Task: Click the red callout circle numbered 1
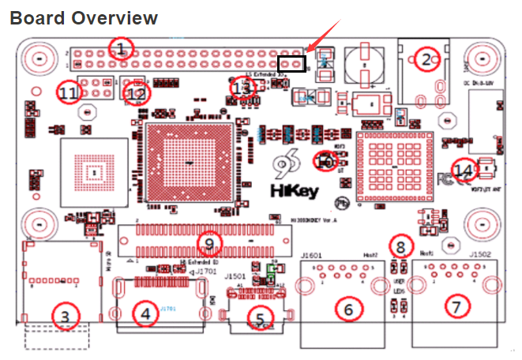click(x=120, y=49)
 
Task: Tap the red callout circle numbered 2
click(x=426, y=59)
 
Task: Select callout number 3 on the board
click(x=66, y=316)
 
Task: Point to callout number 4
click(x=145, y=315)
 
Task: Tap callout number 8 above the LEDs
click(x=401, y=246)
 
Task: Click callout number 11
click(x=69, y=93)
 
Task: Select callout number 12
click(x=137, y=93)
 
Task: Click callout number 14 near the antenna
click(x=465, y=170)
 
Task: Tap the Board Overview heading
click(x=84, y=18)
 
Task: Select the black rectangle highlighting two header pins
click(x=292, y=62)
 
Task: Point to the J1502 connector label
click(x=480, y=255)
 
